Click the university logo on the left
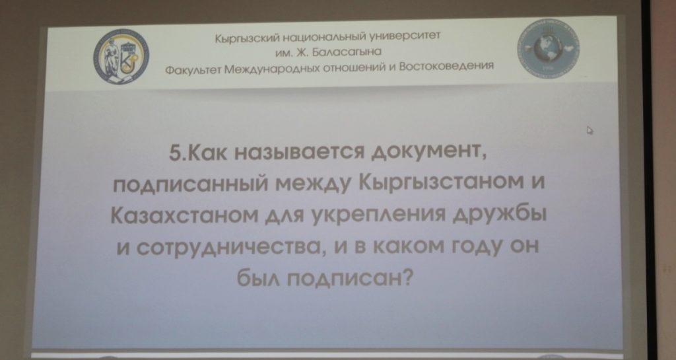coord(121,57)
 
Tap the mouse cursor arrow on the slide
coord(590,130)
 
